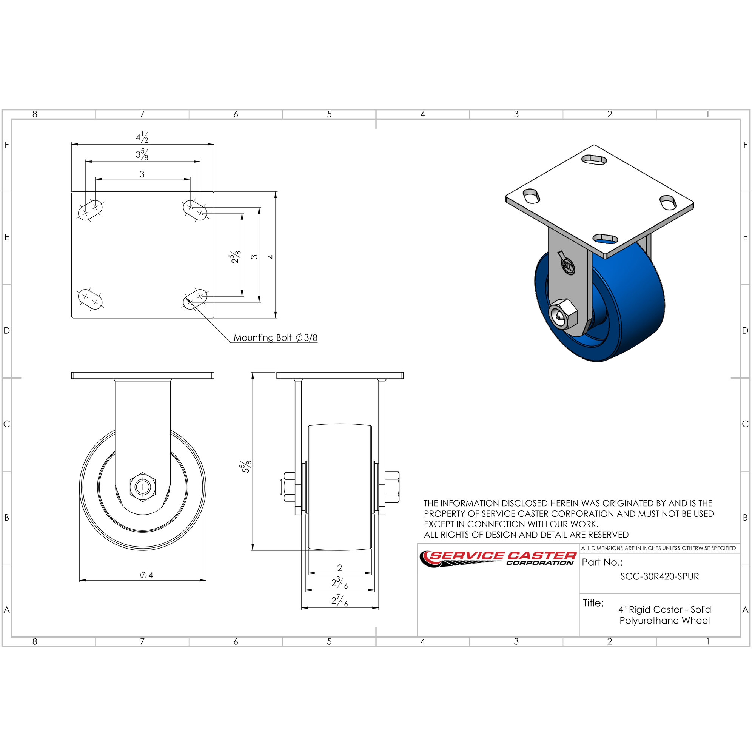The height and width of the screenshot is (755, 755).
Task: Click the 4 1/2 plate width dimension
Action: (x=142, y=137)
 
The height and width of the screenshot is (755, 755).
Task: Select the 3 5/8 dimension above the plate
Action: (x=142, y=154)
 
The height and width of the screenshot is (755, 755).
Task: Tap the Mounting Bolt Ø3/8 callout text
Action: (x=275, y=337)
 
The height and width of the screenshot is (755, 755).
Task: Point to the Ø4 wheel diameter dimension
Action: (x=146, y=575)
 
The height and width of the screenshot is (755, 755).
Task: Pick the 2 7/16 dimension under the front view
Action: (x=340, y=600)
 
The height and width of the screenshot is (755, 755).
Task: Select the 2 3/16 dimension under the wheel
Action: (x=340, y=582)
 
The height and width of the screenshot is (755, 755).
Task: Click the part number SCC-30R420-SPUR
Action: (x=659, y=576)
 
